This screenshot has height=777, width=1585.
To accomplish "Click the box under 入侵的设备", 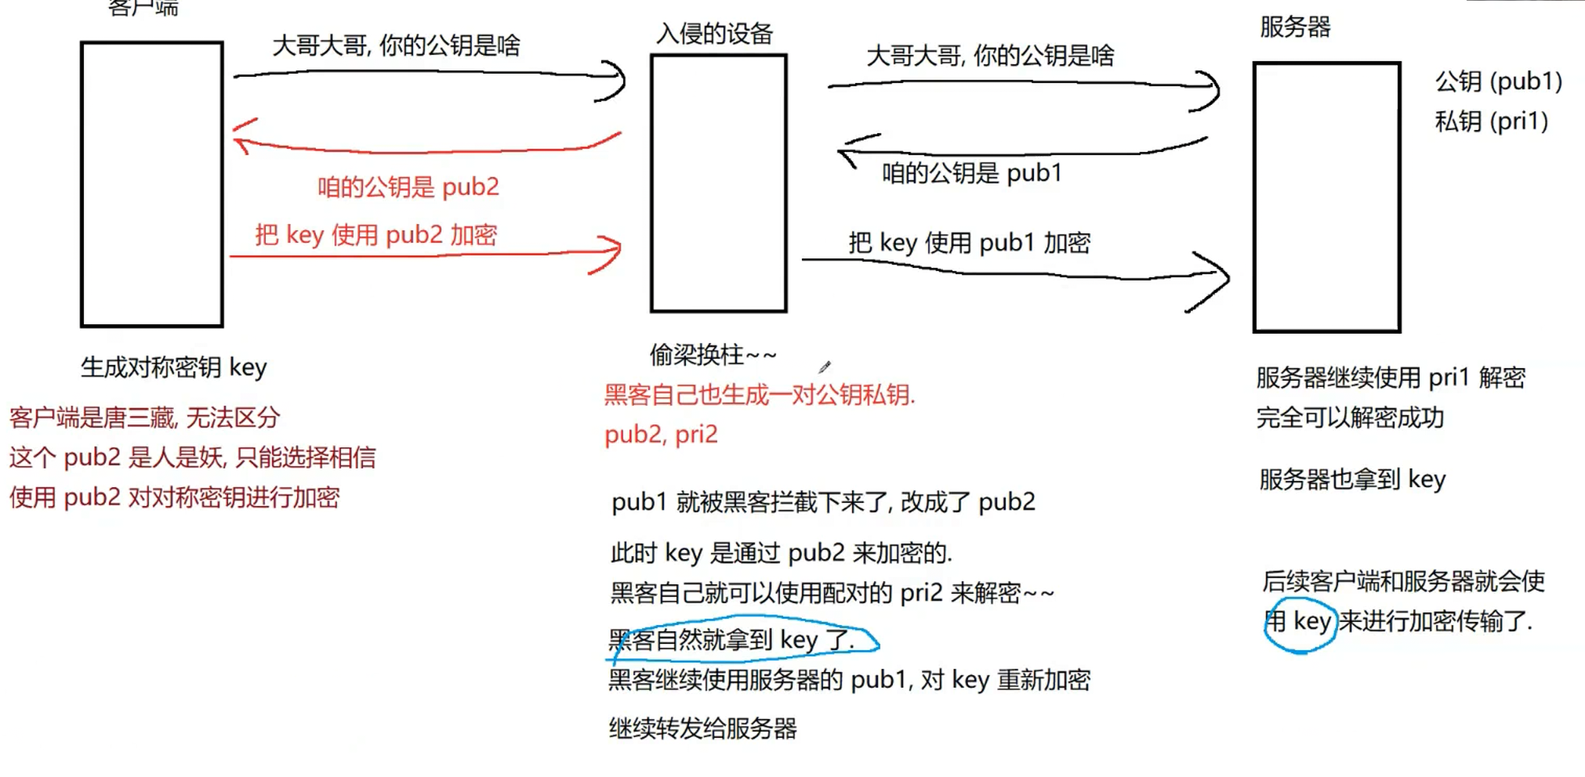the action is (718, 183).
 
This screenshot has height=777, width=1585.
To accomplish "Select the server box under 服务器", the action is (1326, 197).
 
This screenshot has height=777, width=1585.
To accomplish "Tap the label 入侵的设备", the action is (714, 34).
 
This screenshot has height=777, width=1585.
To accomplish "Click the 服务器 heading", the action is (1295, 27).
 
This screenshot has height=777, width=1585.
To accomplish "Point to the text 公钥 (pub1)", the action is (1498, 81).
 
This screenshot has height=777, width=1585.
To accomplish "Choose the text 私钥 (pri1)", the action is (1491, 121).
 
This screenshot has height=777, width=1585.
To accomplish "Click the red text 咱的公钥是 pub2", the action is (408, 187).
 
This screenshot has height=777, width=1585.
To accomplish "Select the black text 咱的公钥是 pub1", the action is (971, 173).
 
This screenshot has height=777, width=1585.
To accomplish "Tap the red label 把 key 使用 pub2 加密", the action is (375, 235).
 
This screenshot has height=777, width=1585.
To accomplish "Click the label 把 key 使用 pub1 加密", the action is (969, 243).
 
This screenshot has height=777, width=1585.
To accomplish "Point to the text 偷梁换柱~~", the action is (713, 355).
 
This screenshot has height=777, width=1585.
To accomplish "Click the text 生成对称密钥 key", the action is (173, 367).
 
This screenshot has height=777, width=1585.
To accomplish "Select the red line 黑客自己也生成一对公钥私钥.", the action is (759, 395).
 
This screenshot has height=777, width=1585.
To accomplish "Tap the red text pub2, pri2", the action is (661, 435).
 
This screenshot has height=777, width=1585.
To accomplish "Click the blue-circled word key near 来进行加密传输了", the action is (1311, 622).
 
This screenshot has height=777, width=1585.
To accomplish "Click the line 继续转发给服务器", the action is (702, 728).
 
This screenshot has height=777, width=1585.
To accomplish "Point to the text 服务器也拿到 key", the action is (1351, 479).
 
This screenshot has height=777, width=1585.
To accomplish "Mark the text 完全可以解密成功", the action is (1349, 417).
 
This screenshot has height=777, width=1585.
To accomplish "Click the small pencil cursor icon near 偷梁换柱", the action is (825, 367).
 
